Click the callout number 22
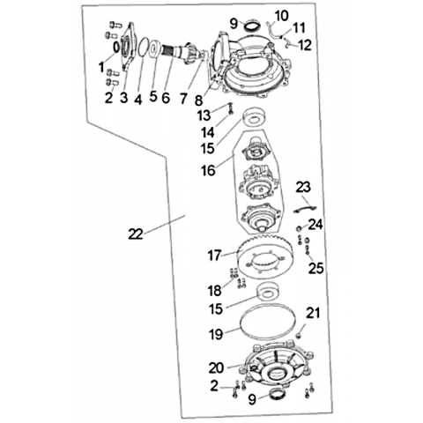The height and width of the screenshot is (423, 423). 136,234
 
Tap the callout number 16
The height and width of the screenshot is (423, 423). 208,170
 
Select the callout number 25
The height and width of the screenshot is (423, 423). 315,268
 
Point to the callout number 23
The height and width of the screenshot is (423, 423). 303,187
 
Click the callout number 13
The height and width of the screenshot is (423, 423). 204,115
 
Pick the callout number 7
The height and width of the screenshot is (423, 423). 183,98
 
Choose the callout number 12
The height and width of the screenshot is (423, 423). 305,45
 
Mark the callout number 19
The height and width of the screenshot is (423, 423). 216,334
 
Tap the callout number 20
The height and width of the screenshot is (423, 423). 217,367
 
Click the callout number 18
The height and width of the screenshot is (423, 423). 215,291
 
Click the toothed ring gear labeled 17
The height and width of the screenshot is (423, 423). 264,255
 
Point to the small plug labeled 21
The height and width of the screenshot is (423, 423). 299,335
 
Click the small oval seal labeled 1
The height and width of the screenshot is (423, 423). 116,47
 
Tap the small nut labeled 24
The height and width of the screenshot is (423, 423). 298,229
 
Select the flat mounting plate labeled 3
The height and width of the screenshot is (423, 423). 129,46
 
